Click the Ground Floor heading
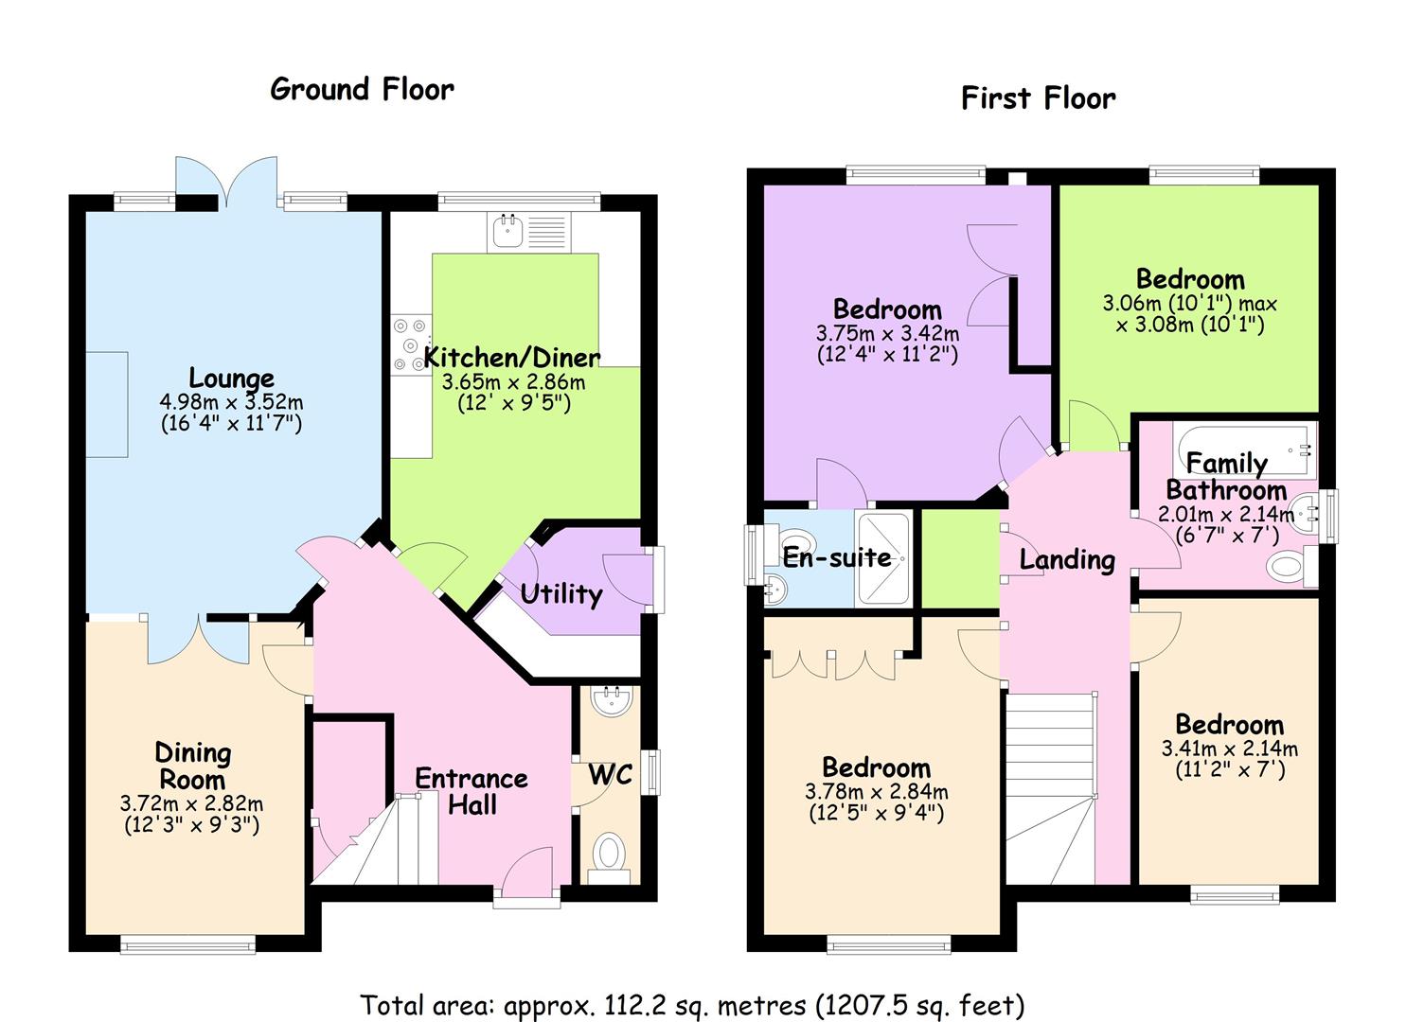(363, 90)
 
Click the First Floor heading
(1039, 98)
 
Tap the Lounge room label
(232, 379)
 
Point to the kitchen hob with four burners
(411, 345)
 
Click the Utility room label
(561, 593)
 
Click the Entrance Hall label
(472, 791)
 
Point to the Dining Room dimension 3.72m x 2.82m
(191, 803)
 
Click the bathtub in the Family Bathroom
(1244, 449)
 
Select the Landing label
(1067, 559)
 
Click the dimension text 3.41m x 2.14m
(1230, 749)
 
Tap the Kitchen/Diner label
(512, 358)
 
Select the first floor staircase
(1051, 788)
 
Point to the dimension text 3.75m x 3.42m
(887, 332)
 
